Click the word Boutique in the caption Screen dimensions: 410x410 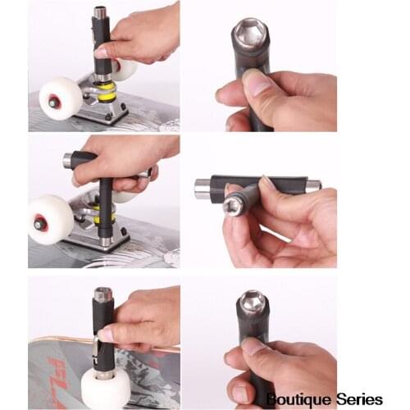point(296,399)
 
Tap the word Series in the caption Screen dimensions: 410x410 point(358,399)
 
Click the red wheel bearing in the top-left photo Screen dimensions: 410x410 point(53,102)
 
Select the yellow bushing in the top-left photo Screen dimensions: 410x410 point(107,92)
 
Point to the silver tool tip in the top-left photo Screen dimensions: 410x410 point(100,13)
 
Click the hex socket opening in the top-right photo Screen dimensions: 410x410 point(249,34)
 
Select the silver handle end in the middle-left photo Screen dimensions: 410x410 point(68,160)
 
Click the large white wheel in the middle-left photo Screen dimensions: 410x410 point(50,220)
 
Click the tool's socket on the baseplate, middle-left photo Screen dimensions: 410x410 point(106,240)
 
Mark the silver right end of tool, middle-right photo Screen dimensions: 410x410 point(312,186)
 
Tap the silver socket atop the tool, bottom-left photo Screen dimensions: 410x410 point(102,294)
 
